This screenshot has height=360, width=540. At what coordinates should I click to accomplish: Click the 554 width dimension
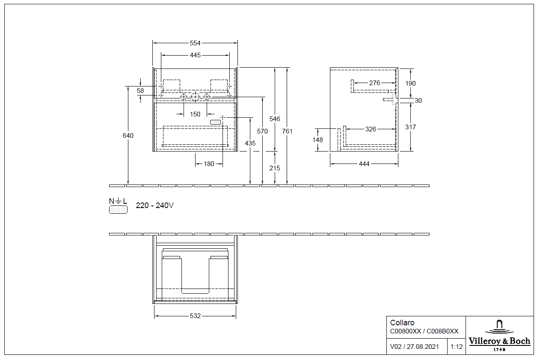coord(195,43)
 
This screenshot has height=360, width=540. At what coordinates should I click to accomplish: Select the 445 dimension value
coord(195,55)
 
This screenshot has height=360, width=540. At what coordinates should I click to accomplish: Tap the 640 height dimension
coord(128,136)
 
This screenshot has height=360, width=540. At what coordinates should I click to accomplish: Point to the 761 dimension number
coord(288,131)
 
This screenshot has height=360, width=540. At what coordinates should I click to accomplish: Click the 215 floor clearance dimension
coord(275,168)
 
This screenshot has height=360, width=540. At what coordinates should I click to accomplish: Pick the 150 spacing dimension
coord(195,114)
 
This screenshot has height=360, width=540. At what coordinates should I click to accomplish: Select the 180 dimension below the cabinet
coord(209,164)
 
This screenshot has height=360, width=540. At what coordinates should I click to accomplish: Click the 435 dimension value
coord(250,143)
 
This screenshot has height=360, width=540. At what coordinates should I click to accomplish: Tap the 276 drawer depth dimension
coord(374,83)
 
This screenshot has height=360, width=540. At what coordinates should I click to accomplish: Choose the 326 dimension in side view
coord(371,129)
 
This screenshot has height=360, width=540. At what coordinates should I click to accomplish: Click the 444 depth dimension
coord(364,164)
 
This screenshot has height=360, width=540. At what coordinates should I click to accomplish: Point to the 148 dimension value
coord(317,140)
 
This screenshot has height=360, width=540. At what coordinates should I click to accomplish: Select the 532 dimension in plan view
coord(195,316)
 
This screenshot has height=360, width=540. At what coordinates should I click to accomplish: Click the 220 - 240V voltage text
coord(154,205)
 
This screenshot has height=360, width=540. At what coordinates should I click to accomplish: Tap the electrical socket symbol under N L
coord(118,209)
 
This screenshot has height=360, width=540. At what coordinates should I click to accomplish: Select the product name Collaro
coord(402,323)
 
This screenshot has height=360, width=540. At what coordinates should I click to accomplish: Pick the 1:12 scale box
coord(457,347)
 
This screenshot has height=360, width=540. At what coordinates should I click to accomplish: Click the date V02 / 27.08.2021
coord(414,347)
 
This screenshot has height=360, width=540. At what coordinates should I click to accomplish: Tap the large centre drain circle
coord(195,97)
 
